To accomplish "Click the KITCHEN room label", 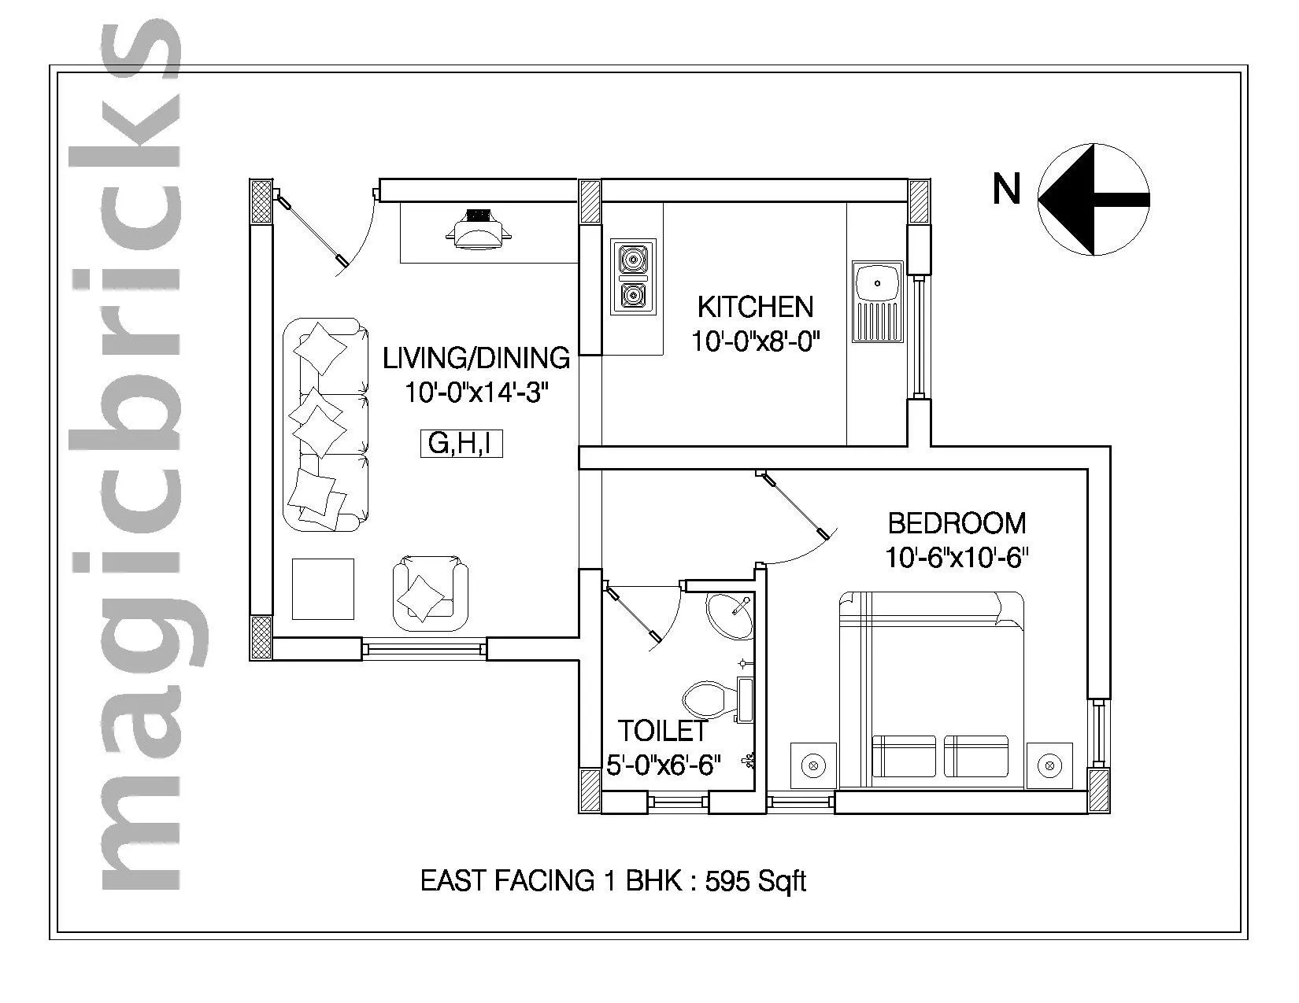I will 755,307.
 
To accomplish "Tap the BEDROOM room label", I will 957,523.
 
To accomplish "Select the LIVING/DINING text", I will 476,358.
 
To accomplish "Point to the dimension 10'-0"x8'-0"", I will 756,342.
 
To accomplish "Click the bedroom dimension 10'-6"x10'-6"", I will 957,558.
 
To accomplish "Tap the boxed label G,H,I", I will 460,444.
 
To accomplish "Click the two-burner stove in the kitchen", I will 634,276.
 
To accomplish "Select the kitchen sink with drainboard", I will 876,302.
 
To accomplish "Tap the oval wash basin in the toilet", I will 728,614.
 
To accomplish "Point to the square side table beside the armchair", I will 323,588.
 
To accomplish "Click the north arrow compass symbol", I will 1094,200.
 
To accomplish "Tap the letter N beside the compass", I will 1005,190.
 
